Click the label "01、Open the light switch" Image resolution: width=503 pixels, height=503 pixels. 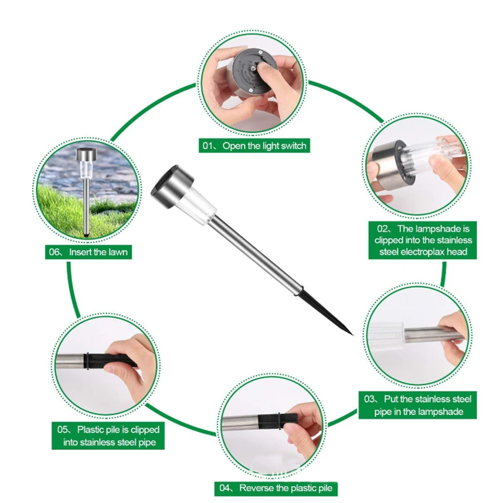255,146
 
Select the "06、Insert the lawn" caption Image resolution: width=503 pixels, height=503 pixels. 88,252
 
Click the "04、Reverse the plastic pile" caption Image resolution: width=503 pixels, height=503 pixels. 276,488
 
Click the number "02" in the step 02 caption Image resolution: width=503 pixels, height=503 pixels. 382,229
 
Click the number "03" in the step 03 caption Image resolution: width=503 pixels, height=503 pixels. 369,399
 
